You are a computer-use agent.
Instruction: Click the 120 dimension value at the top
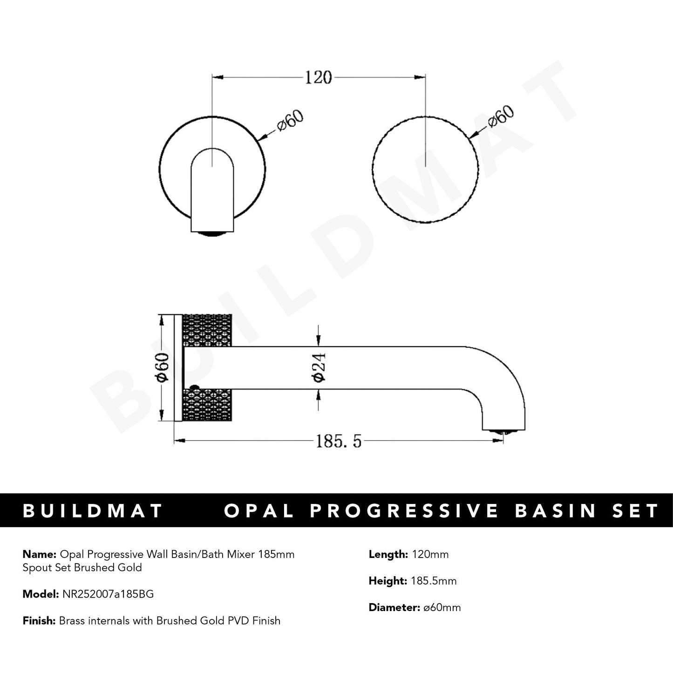tap(318, 77)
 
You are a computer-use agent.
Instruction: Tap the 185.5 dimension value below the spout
tap(339, 441)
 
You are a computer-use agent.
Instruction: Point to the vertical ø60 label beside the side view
tap(162, 368)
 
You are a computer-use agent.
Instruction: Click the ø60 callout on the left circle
tap(290, 122)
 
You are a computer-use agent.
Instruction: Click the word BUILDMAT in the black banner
tap(93, 511)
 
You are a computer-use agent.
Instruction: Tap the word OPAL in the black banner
tap(259, 511)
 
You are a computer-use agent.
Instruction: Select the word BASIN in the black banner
tap(556, 511)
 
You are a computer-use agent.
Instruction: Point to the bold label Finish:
tap(39, 621)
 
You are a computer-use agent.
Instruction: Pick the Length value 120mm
tap(430, 554)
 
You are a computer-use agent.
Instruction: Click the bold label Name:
tap(39, 554)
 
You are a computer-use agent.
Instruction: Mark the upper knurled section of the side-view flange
tap(207, 330)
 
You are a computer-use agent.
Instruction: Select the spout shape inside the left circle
tap(212, 191)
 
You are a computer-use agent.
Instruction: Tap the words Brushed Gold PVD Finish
tap(218, 621)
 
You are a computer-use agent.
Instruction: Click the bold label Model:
tap(40, 594)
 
